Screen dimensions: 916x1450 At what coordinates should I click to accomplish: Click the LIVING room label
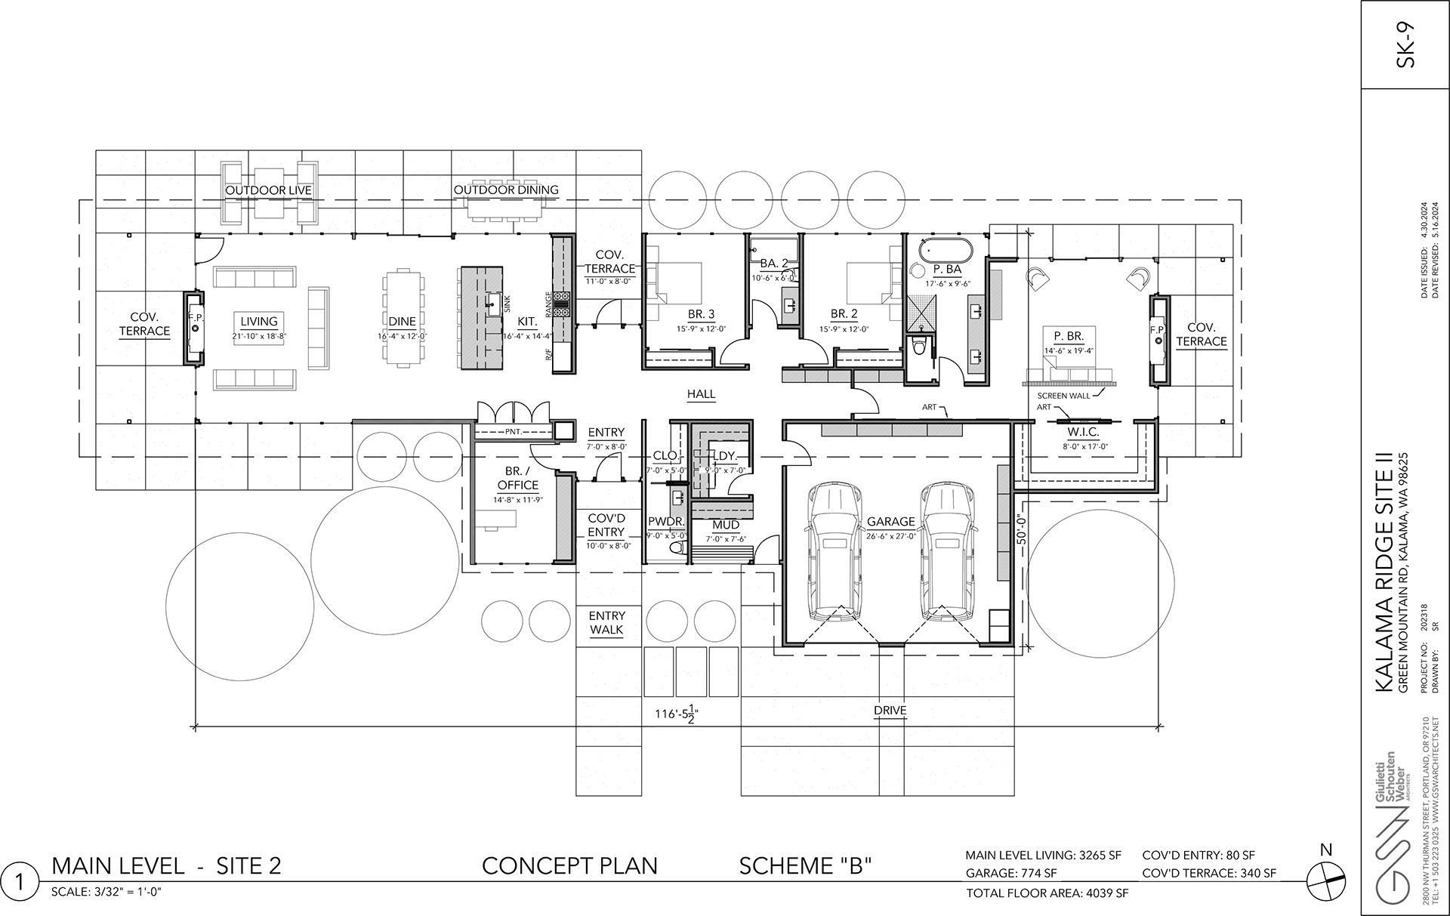tap(259, 322)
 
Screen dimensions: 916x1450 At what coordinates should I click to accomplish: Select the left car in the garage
tap(834, 551)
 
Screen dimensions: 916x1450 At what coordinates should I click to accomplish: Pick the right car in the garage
tap(946, 551)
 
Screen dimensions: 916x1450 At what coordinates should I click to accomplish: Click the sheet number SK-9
tap(1405, 46)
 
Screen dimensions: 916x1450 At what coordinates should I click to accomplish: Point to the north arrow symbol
tap(1326, 878)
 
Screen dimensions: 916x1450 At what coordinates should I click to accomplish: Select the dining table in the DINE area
tap(403, 318)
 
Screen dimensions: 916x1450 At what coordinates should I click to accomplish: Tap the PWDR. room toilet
tap(677, 547)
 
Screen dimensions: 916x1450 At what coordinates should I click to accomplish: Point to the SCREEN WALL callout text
tap(1063, 396)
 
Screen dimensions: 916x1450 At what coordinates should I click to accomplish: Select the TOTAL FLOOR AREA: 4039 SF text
tap(1047, 893)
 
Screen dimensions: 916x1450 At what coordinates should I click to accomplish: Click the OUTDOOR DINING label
tap(505, 190)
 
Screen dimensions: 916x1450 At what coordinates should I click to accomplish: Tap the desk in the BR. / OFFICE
tap(497, 520)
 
